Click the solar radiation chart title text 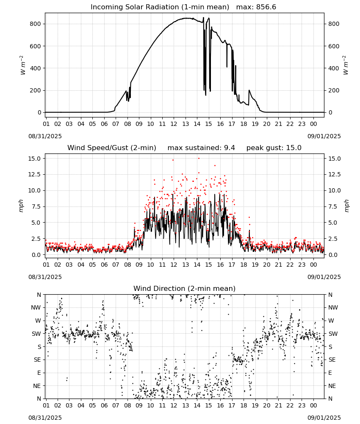pos(160,7)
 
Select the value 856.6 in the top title pos(266,7)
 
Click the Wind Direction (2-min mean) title pos(185,288)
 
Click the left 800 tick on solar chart pos(36,24)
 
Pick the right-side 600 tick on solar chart pos(334,46)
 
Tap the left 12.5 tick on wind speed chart pos(34,174)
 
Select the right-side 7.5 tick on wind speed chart pos(333,206)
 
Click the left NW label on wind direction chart pos(36,308)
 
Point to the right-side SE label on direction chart pos(332,360)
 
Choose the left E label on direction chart pos(39,373)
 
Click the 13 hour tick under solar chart pos(186,124)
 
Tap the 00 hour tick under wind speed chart pos(313,265)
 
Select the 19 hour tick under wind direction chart pos(255,405)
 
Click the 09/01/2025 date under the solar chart pos(324,136)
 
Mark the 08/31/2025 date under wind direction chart pos(45,418)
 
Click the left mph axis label pos(21,206)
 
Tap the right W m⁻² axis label pos(346,65)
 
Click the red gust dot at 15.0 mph pos(199,159)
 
